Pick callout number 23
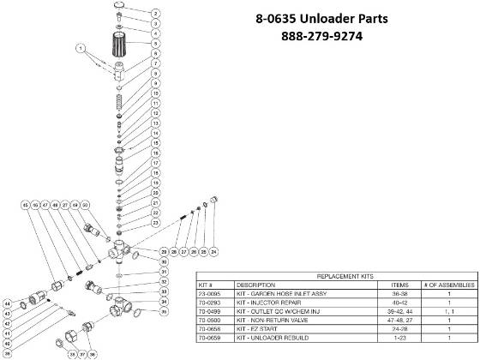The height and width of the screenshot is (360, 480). pyautogui.click(x=156, y=223)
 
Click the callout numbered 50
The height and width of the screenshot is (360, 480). pyautogui.click(x=87, y=206)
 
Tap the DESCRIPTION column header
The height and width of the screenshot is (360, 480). pyautogui.click(x=256, y=285)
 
